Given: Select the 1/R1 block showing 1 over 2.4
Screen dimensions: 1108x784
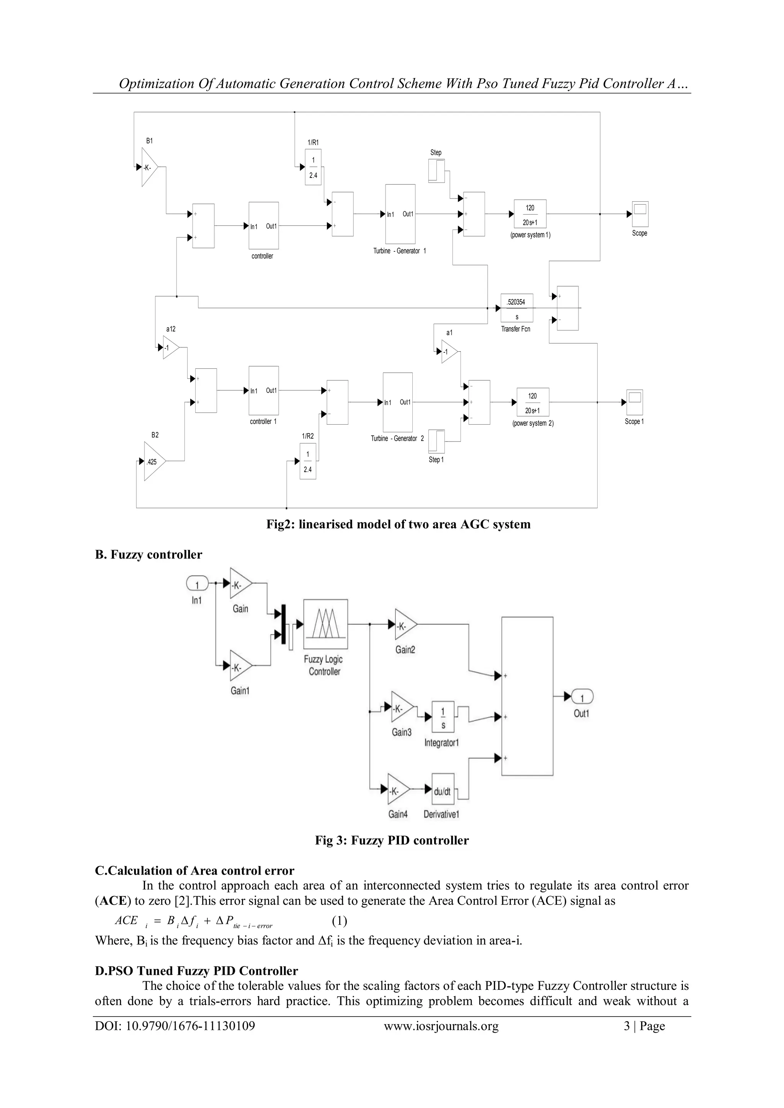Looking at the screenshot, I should coord(313,167).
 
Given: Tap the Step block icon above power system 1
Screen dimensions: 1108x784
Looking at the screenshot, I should coord(436,171).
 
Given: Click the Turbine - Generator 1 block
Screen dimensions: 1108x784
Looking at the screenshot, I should coord(400,214).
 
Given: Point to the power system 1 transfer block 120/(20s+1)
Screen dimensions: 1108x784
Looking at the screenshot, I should coord(530,214).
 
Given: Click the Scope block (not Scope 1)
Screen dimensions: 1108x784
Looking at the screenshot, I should coord(640,214).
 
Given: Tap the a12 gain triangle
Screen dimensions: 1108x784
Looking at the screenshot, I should coord(170,347).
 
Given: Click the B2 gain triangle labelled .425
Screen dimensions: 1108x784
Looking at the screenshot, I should coord(154,461).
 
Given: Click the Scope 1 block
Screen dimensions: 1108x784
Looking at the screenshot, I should coord(635,402).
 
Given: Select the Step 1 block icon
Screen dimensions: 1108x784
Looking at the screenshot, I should coord(437,442).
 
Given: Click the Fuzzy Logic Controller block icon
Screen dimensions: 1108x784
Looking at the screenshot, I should coord(325,624).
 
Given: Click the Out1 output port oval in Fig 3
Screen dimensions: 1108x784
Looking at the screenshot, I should coord(582,697).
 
